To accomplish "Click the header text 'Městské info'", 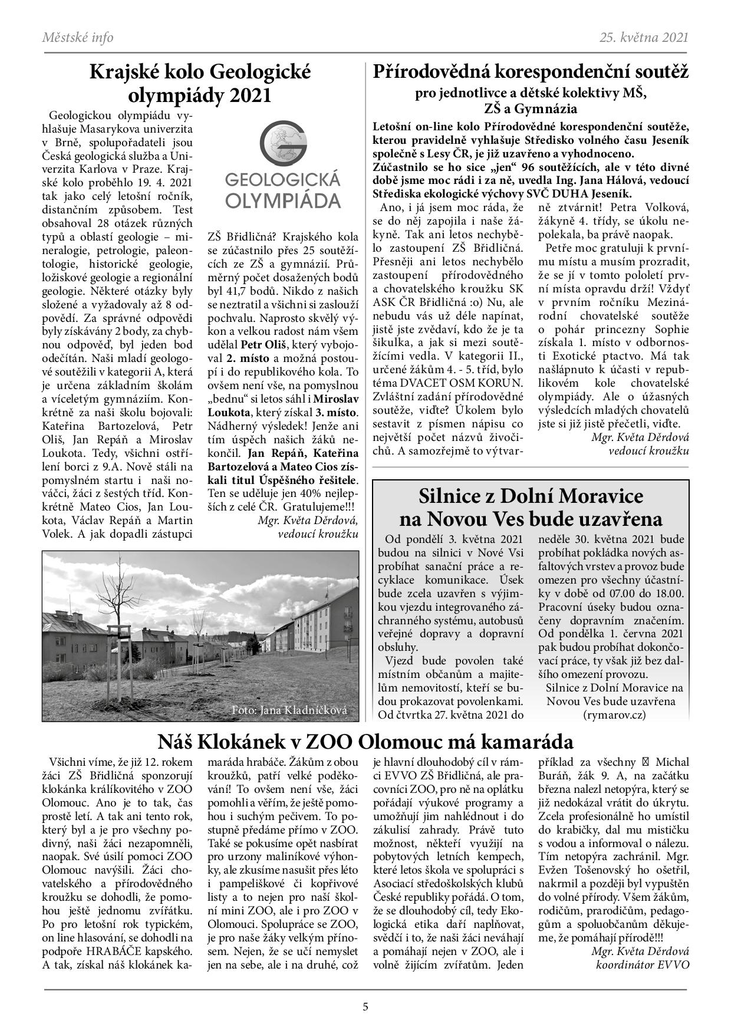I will coord(78,38).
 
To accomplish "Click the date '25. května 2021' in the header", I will coord(644,38).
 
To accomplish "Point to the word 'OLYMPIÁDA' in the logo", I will coord(283,201).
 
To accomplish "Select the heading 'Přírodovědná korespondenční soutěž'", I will coord(531,73).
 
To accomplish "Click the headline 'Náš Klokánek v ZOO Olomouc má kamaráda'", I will coord(365,740).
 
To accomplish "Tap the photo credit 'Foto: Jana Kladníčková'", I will coord(289,710).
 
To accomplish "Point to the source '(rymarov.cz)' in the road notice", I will coord(613,714).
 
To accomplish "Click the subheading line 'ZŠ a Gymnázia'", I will coord(531,109).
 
